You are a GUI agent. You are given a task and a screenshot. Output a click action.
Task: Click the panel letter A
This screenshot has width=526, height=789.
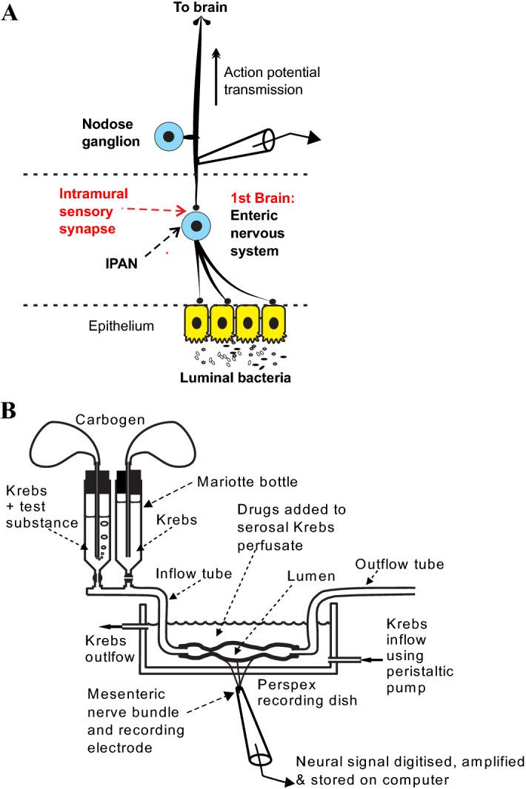pos(10,13)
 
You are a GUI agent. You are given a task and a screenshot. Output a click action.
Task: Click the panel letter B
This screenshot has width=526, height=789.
pos(10,410)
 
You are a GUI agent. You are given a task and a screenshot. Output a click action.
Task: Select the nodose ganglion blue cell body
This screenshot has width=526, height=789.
pos(169,136)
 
